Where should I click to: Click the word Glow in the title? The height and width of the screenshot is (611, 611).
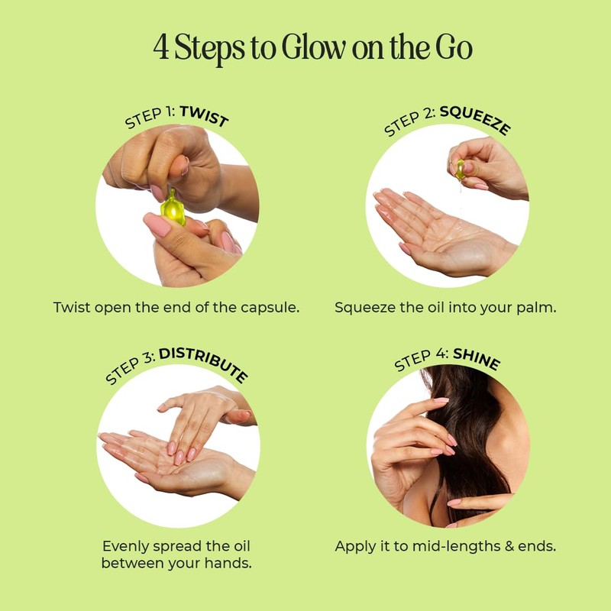pos(314,47)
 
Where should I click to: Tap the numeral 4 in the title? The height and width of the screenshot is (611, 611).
pos(161,47)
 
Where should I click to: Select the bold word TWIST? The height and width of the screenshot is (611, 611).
pos(204,116)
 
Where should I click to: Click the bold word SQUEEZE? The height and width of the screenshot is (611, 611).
pos(475,120)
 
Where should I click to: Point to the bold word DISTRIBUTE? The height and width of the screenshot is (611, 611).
pos(203,364)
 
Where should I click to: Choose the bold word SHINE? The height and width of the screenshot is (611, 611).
pos(477,358)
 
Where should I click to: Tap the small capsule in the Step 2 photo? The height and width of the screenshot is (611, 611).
pos(461,170)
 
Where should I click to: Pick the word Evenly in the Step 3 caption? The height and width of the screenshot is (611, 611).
pos(126,547)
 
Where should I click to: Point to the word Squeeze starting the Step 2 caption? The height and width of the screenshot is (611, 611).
pos(365,308)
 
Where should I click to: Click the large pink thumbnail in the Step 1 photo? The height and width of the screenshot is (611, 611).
pos(157,225)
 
